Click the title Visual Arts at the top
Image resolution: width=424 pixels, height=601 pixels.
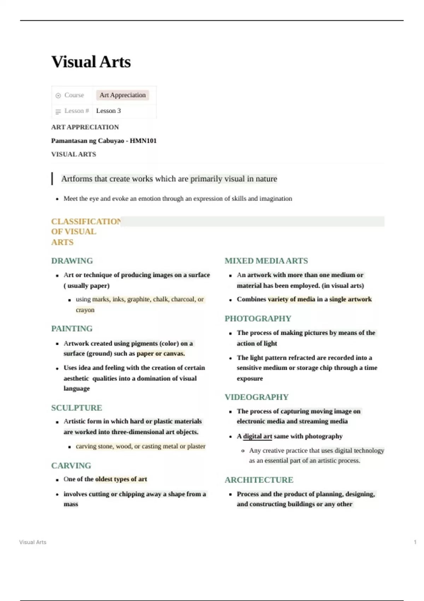91,62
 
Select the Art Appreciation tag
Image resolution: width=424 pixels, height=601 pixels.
122,95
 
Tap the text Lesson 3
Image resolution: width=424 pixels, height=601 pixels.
108,111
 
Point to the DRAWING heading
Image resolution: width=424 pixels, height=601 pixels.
72,261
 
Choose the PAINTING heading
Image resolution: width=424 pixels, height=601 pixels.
72,329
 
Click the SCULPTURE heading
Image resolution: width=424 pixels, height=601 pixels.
76,408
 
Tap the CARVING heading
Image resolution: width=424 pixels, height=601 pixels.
71,466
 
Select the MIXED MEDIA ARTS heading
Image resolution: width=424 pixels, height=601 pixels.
266,261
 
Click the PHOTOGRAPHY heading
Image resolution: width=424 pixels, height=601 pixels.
258,319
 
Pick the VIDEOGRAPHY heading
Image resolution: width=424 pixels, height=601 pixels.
257,397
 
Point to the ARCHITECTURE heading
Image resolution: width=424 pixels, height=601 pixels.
259,480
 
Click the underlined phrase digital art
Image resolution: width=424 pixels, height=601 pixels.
257,436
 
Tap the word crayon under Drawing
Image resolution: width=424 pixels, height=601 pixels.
85,310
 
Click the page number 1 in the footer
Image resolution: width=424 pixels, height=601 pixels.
415,542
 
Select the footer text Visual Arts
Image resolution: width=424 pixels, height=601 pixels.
33,542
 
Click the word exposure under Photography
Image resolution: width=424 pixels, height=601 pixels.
249,379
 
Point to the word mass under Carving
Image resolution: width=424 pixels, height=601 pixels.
71,504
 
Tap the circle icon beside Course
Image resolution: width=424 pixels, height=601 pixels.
58,95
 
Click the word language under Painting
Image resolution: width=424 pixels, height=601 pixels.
76,389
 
